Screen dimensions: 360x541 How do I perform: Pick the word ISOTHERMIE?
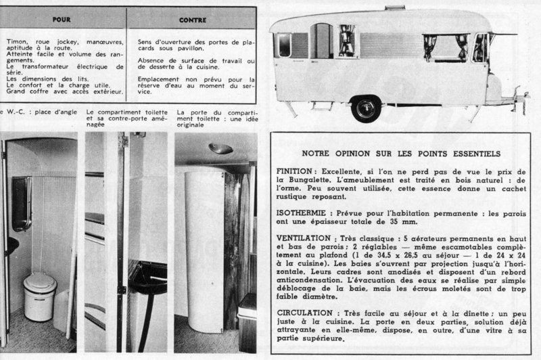[x=303, y=210]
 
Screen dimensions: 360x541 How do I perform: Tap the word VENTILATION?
[x=304, y=240]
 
